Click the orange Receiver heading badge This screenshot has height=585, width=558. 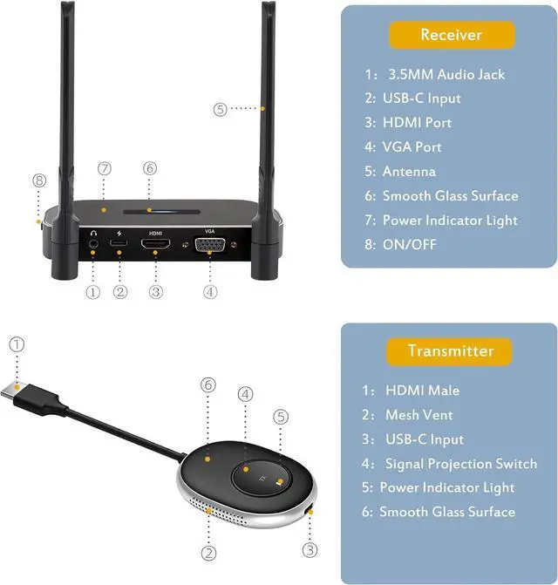(x=451, y=35)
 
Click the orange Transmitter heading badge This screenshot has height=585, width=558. (x=450, y=350)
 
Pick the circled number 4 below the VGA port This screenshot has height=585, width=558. (x=209, y=291)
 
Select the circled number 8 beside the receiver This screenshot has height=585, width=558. (x=37, y=180)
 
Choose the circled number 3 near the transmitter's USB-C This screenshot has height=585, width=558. (x=309, y=551)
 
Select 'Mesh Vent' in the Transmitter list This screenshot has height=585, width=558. (x=419, y=415)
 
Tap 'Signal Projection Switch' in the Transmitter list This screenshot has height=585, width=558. (x=461, y=464)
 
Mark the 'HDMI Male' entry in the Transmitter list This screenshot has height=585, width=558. (x=422, y=391)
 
